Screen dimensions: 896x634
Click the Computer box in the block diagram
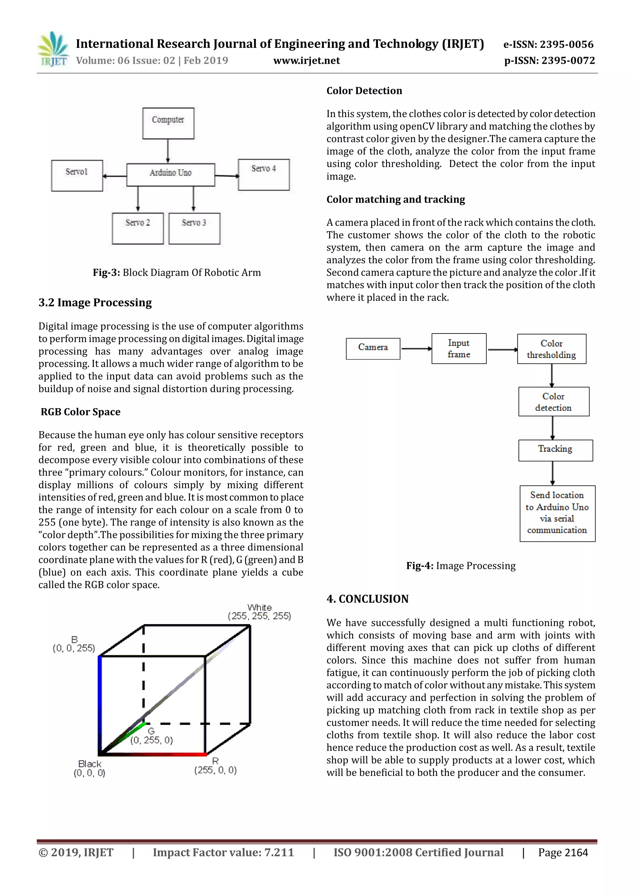pos(168,123)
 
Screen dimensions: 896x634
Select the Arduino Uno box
pos(171,174)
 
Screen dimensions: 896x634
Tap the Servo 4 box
pos(264,174)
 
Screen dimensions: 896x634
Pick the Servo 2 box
pos(138,228)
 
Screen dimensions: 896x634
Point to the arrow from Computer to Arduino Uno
pos(168,151)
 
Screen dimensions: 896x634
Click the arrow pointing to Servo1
pos(114,176)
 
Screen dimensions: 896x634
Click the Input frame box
pos(459,348)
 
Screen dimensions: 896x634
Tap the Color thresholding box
pos(551,349)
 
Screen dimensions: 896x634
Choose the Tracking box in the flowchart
pos(555,450)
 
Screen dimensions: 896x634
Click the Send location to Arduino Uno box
pos(557,513)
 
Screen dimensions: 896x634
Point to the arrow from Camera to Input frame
pos(416,348)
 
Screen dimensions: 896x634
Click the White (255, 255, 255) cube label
pos(259,612)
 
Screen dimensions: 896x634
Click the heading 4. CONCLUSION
pos(367,599)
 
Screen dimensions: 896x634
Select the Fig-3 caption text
pos(176,272)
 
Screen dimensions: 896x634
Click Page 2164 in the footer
pos(562,852)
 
